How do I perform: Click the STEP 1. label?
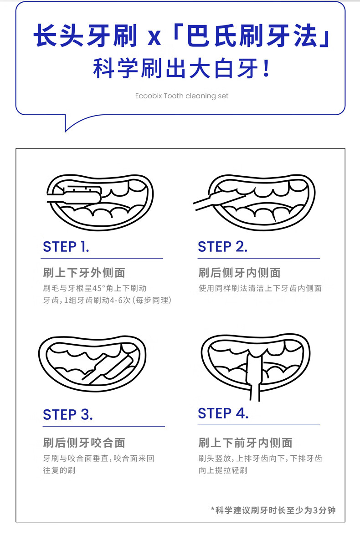(66, 246)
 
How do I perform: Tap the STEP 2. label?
(222, 246)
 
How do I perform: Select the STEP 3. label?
(67, 414)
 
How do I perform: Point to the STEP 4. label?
(223, 413)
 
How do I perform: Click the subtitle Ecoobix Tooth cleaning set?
(182, 96)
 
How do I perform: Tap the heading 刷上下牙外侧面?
(84, 273)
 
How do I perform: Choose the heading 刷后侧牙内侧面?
(239, 273)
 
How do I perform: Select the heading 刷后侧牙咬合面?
(84, 443)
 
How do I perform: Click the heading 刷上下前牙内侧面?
(245, 443)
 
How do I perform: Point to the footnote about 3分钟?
(273, 510)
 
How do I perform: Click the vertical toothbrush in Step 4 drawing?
(254, 375)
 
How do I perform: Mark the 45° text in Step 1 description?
(99, 288)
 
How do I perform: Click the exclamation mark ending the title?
(267, 69)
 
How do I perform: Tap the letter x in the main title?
(154, 37)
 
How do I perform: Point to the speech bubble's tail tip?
(66, 132)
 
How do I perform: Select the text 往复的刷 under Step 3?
(59, 470)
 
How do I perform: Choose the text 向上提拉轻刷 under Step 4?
(223, 470)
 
